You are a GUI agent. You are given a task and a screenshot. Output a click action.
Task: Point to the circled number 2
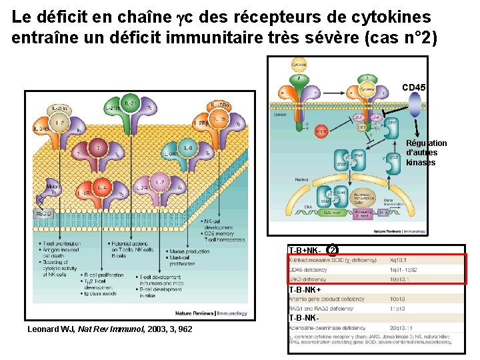pos(332,250)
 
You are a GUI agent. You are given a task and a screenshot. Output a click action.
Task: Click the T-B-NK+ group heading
pos(305,290)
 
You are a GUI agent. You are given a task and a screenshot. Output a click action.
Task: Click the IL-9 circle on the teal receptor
pos(188,148)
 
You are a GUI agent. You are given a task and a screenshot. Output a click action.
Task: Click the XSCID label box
pos(42,213)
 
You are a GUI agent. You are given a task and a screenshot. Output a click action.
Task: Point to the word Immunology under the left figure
pos(229,313)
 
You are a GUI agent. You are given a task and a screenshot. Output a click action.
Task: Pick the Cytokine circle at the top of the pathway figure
pos(299,65)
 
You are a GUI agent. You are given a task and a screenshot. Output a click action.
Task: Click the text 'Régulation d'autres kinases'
pos(427,153)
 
